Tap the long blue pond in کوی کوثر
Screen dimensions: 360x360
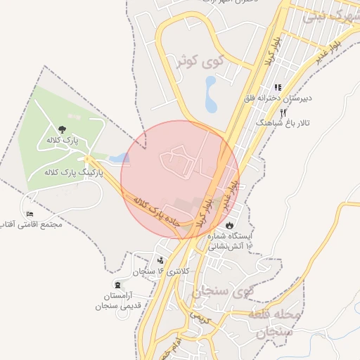coord(210,94)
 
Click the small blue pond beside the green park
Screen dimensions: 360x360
coord(120,158)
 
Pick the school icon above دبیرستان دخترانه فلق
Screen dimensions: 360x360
coord(278,87)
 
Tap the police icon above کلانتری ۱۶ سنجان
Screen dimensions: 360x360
coord(161,261)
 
